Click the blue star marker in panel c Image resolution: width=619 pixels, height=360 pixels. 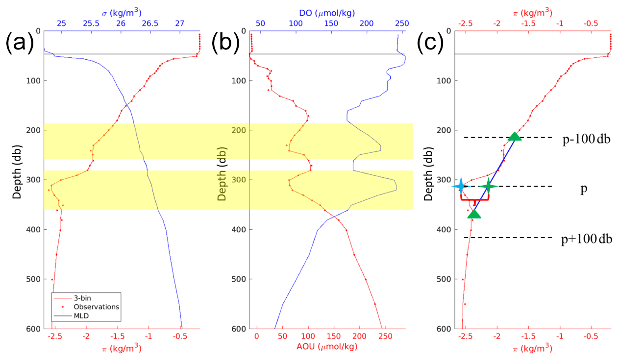460,186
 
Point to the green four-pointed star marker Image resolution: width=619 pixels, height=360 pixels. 488,186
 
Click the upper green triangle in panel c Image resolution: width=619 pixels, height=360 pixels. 514,137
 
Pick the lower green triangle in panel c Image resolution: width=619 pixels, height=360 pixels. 474,214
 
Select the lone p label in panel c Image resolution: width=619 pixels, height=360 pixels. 584,190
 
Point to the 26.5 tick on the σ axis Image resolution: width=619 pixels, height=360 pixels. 150,23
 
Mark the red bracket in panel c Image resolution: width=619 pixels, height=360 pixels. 474,199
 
